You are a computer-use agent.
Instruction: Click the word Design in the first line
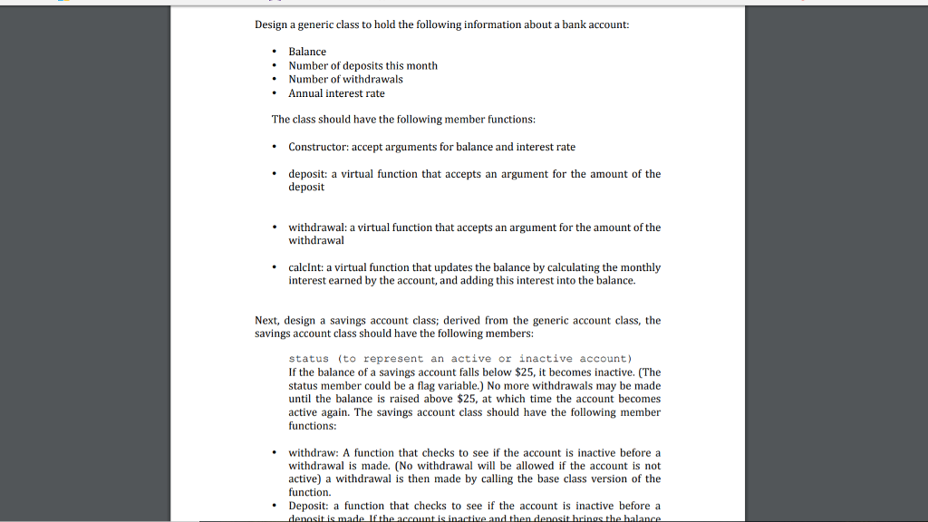click(x=270, y=24)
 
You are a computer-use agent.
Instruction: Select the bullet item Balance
click(x=307, y=52)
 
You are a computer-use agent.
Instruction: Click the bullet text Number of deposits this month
click(x=362, y=65)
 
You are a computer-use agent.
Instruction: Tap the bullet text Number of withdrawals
click(x=345, y=79)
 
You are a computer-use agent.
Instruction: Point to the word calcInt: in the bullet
click(x=305, y=267)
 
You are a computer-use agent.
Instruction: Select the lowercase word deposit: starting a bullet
click(x=308, y=174)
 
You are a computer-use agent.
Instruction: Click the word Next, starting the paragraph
click(x=267, y=321)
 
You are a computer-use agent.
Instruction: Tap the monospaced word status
click(x=308, y=359)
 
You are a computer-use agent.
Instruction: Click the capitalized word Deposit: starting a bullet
click(x=309, y=506)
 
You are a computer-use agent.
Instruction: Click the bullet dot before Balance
click(x=275, y=52)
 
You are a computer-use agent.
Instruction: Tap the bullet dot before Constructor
click(x=275, y=147)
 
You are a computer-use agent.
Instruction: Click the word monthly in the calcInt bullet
click(x=642, y=267)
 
